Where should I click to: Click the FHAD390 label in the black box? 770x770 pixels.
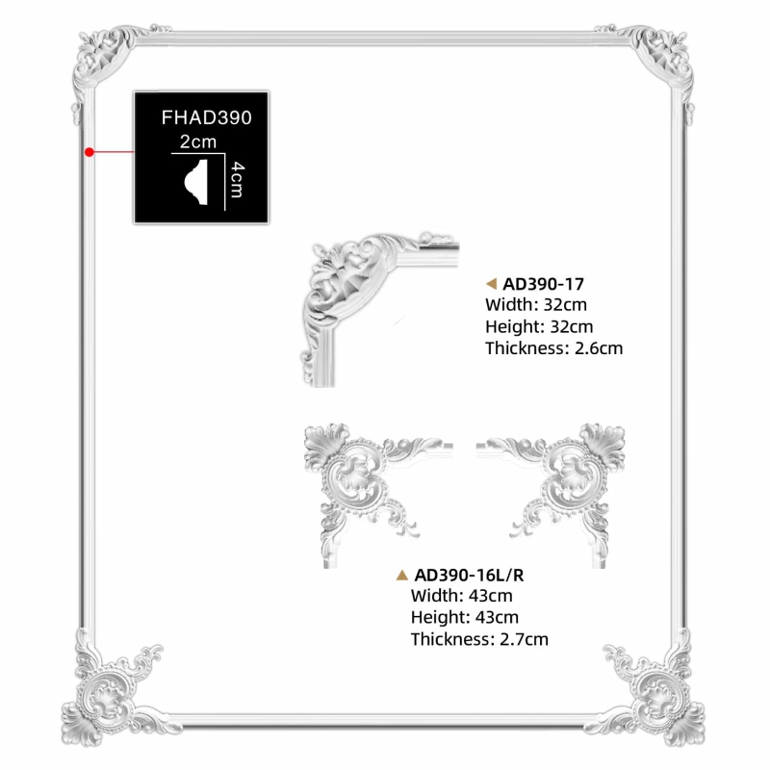coord(206,117)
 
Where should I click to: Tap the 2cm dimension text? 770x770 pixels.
coord(198,141)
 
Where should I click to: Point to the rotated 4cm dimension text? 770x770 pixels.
coord(237,179)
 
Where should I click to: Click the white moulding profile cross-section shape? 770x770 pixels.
coord(196,182)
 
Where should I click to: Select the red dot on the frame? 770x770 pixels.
coord(89,152)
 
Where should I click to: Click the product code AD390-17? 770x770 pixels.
coord(543,284)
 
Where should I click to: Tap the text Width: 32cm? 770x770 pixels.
coord(536,304)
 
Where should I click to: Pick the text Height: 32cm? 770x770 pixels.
coord(539,326)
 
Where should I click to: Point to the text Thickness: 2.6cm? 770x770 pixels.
coord(554,348)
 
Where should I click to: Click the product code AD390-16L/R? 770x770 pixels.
coord(469,575)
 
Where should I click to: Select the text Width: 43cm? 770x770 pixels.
coord(462,596)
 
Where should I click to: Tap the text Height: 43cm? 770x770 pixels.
coord(465,617)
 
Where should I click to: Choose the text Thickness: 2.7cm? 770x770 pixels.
coord(479,639)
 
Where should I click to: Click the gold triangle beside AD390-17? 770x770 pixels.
coord(491,283)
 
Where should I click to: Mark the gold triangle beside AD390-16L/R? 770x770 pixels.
coord(402,575)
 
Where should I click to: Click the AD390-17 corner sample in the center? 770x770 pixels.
coord(379,309)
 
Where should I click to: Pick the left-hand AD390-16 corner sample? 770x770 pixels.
coord(378,495)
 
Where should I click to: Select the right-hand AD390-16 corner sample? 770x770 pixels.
coord(551,495)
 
